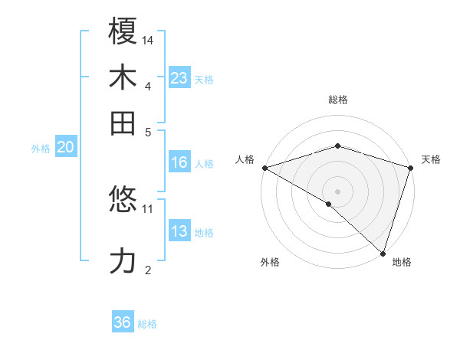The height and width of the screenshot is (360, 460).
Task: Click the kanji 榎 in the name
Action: point(123,33)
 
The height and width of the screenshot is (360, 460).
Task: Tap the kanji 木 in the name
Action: point(123,78)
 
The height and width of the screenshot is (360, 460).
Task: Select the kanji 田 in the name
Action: point(123,123)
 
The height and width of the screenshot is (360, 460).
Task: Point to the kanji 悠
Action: point(123,201)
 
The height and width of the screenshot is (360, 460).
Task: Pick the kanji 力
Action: point(123,261)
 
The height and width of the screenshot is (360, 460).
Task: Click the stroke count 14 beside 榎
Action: point(149,40)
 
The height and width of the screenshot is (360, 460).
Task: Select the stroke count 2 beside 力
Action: point(148,269)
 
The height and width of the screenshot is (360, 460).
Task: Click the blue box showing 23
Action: point(179,78)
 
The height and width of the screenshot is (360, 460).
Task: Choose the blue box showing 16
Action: point(179,162)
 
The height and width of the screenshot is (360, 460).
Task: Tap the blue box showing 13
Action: point(179,231)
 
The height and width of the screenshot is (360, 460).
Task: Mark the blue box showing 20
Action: point(65,148)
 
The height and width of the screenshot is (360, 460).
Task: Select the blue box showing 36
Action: point(123,322)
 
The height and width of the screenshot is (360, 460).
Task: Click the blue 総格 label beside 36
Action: point(147,324)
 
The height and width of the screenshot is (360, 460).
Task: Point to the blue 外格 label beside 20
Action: point(41,149)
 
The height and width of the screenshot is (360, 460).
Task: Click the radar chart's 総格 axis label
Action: point(337,100)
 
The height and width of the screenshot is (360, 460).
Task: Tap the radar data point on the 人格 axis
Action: point(264,168)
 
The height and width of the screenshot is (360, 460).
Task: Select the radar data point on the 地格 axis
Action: point(383,253)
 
